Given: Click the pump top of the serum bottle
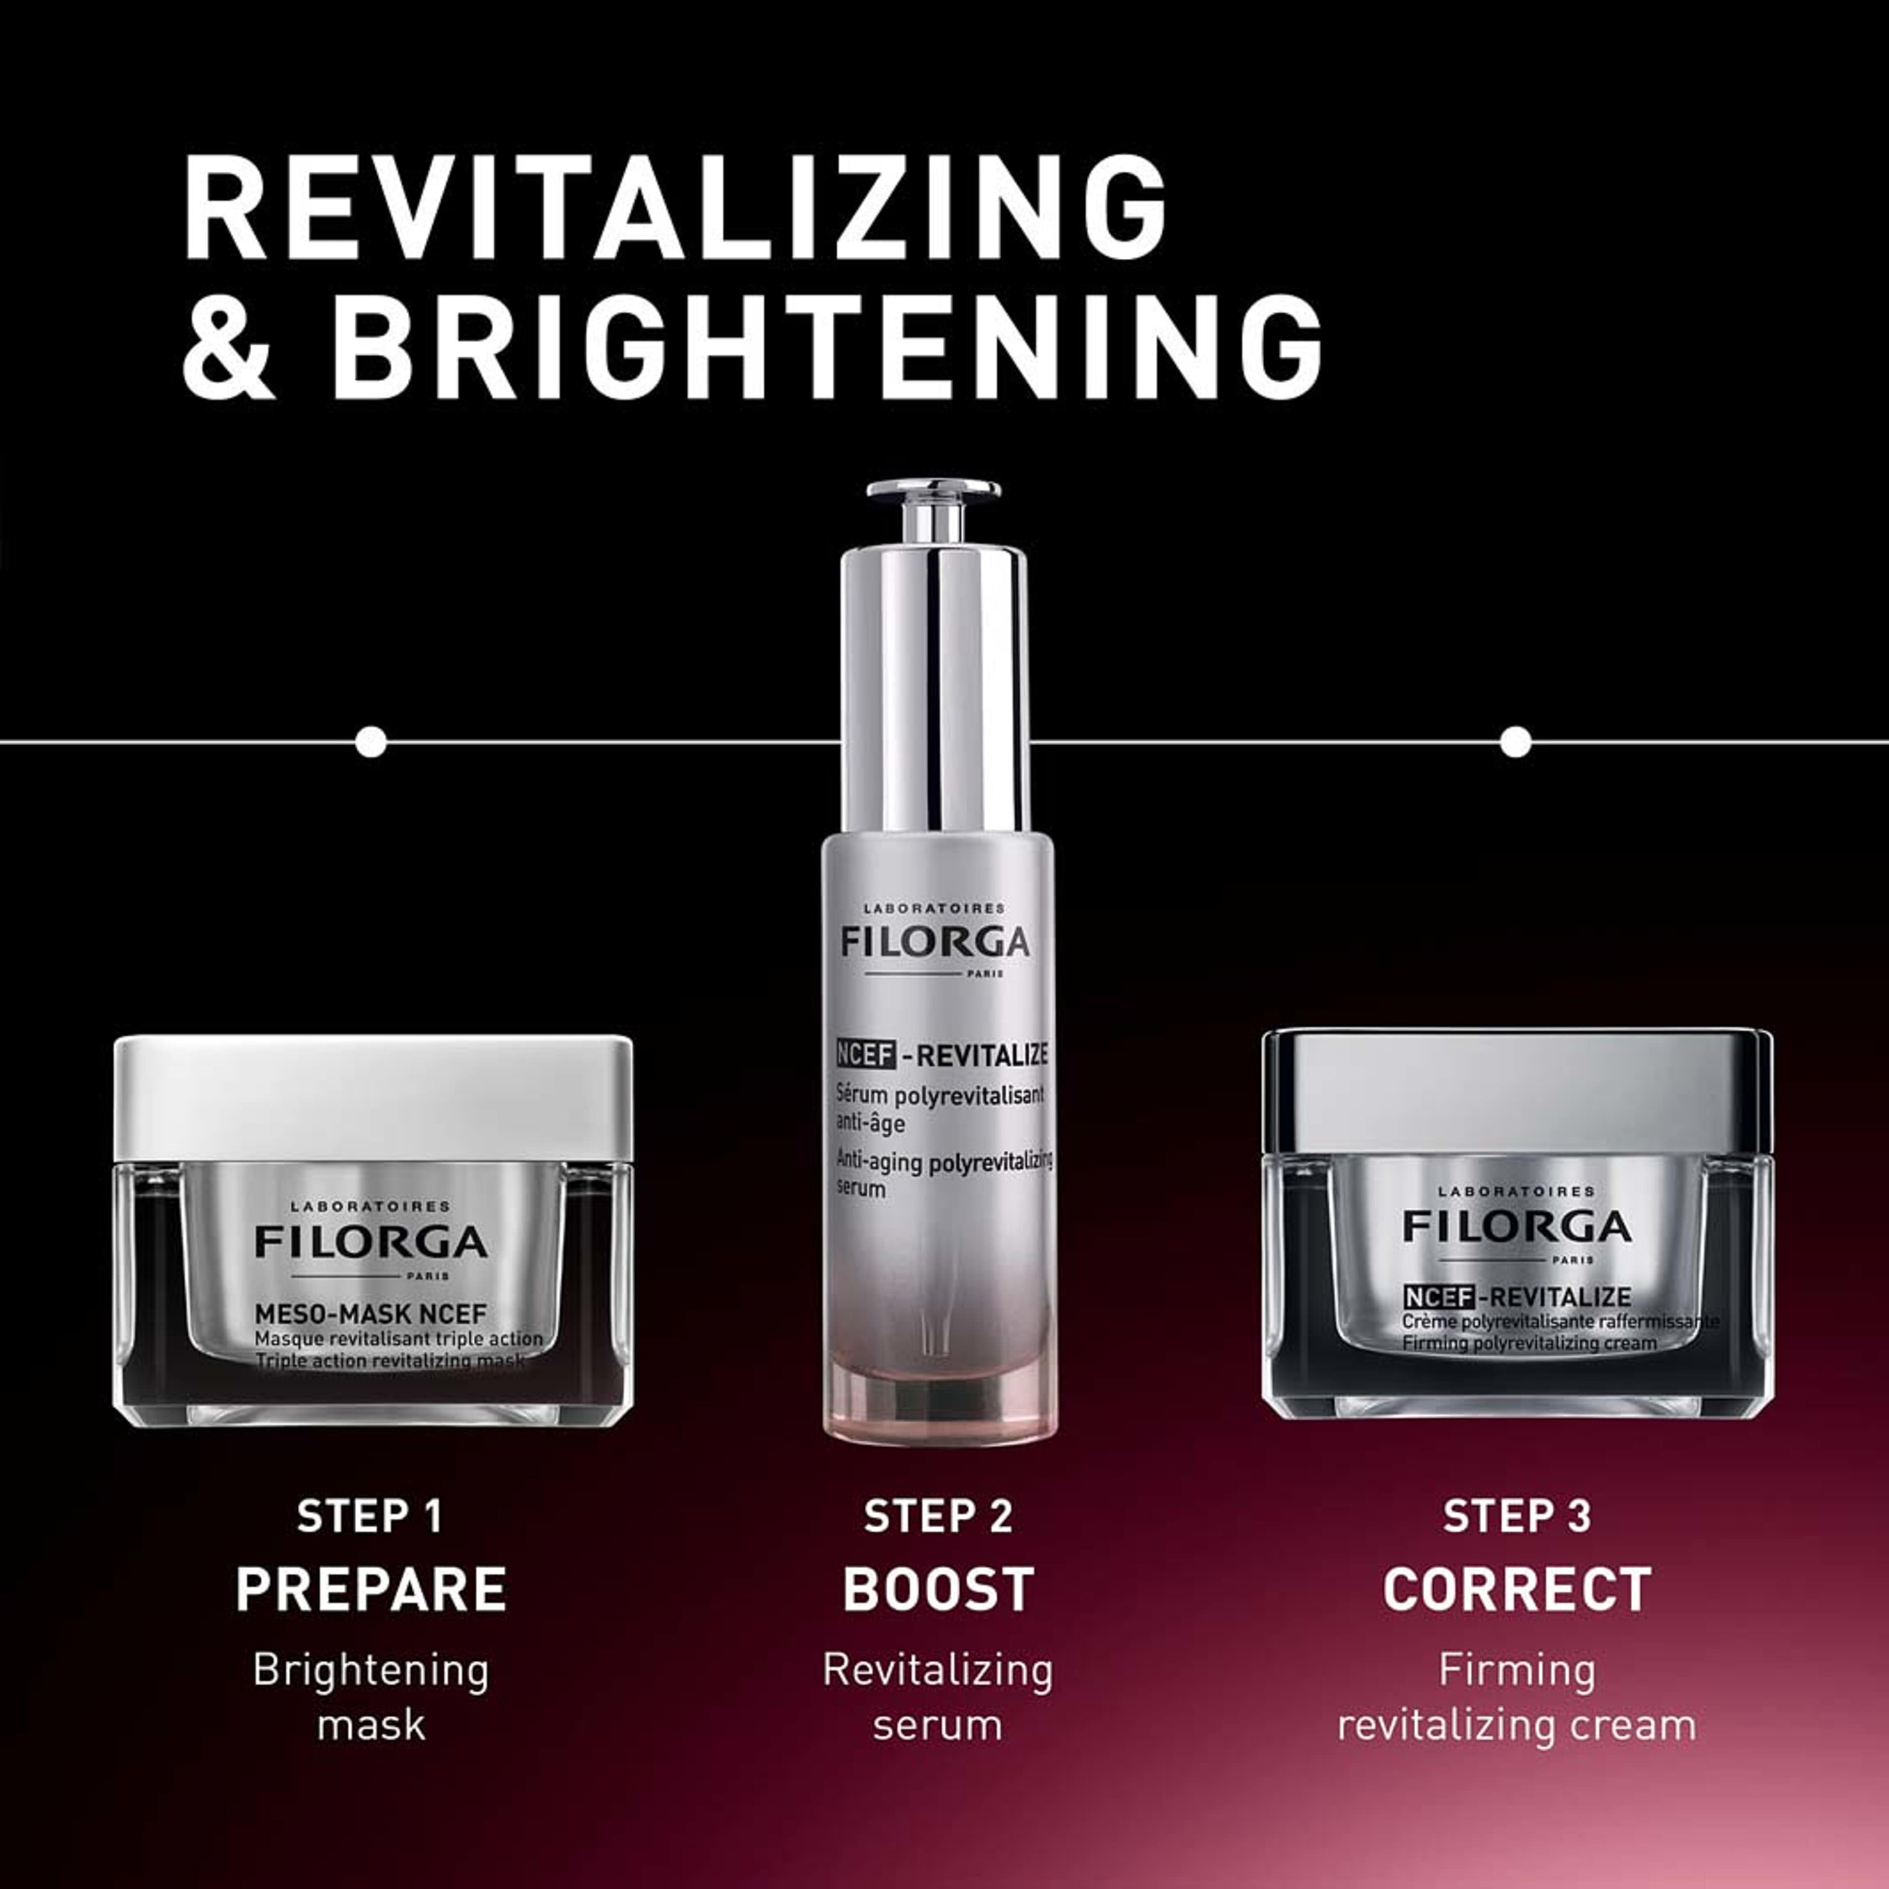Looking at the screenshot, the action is pos(934,509).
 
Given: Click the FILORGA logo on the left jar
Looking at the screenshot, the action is pos(371,1242).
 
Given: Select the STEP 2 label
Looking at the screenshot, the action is pos(938,1517).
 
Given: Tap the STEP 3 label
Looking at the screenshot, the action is pos(1517,1517).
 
